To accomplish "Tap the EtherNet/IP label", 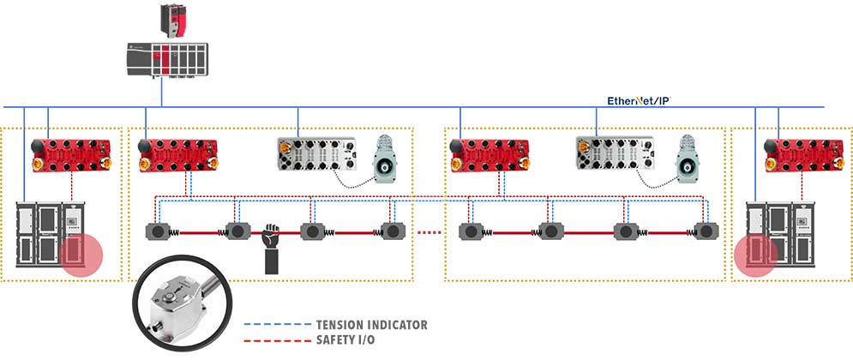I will [x=638, y=100].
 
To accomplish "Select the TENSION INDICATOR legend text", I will [x=371, y=326].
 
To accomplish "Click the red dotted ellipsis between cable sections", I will [x=431, y=231].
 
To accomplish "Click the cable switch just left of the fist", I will [x=237, y=231].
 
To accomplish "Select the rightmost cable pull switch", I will [x=706, y=231].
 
